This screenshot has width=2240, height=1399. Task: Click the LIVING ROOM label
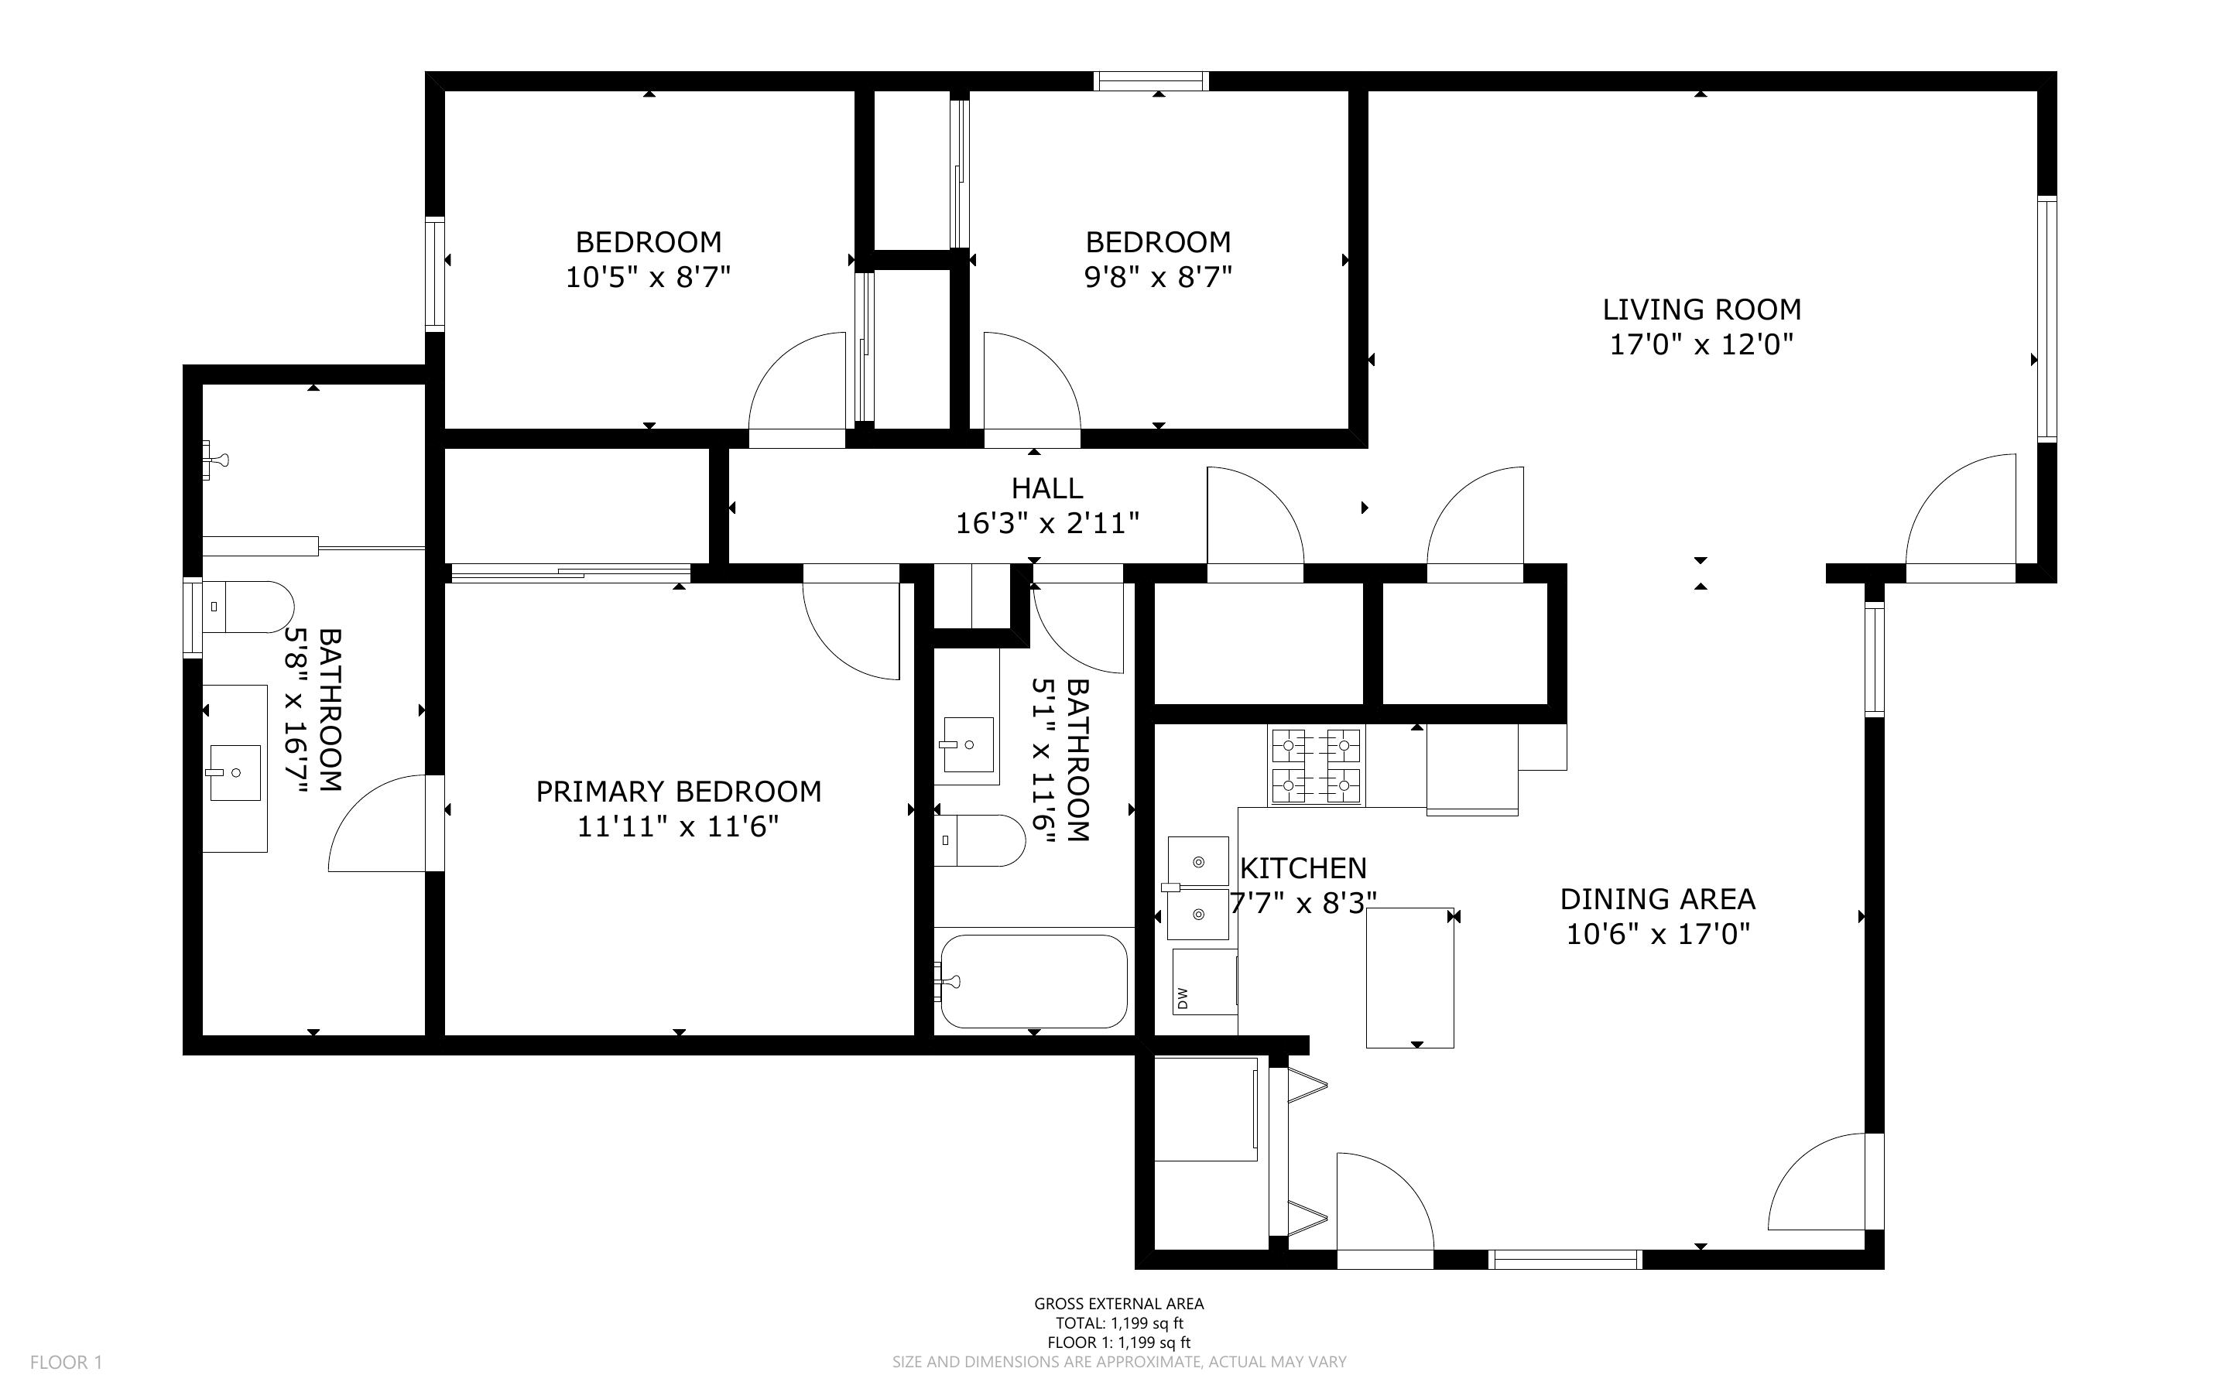pos(1701,309)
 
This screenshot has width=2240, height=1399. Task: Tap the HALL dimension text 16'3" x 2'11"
pos(1046,524)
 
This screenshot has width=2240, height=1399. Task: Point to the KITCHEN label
pos(1303,868)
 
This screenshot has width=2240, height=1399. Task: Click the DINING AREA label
pos(1657,898)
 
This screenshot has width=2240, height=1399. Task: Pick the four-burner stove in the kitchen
pos(1316,765)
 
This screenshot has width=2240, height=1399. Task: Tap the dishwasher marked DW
pos(1204,981)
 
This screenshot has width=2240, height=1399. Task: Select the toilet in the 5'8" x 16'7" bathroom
pos(247,607)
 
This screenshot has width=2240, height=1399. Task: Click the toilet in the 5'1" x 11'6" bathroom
pos(980,840)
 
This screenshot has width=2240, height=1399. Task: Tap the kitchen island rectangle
pos(1410,978)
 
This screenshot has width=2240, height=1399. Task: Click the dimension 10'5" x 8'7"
pos(648,277)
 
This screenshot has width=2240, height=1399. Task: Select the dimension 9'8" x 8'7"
pos(1159,277)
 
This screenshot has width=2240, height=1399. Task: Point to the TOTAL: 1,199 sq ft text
pos(1119,1323)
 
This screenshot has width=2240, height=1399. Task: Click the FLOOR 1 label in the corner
pos(67,1362)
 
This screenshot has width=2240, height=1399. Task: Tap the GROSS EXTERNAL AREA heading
pos(1119,1304)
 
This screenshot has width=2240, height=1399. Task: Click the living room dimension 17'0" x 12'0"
pos(1701,344)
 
